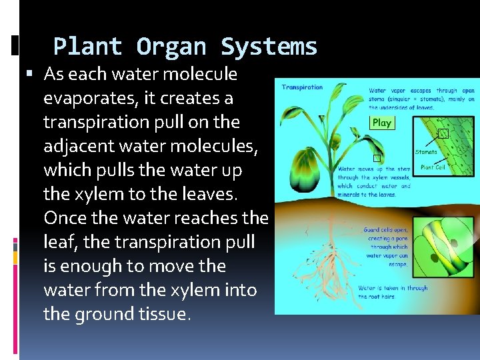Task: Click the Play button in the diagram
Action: (382, 123)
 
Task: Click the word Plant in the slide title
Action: (87, 47)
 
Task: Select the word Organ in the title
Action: (171, 47)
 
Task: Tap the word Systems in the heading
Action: (269, 47)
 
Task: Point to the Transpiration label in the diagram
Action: (302, 87)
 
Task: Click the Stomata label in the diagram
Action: (426, 152)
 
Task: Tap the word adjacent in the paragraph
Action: (75, 147)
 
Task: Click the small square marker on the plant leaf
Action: (377, 158)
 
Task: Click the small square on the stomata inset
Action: (443, 133)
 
